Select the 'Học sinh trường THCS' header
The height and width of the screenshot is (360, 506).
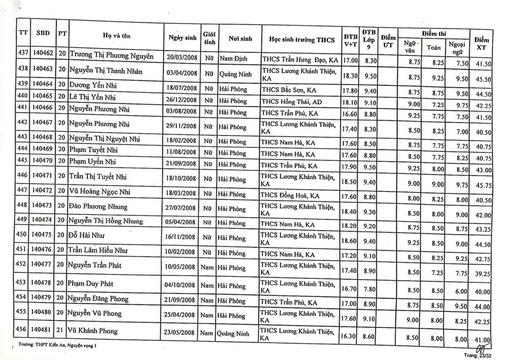coord(301,39)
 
